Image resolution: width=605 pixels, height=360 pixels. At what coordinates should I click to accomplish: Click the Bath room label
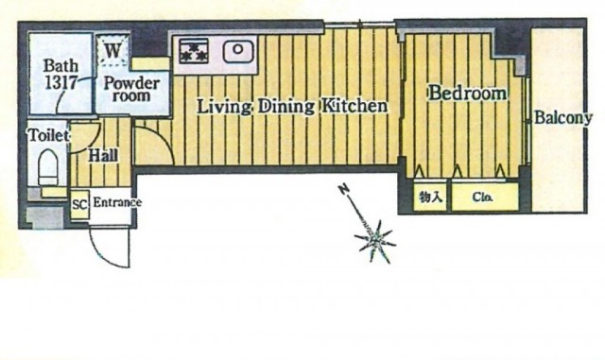point(60,65)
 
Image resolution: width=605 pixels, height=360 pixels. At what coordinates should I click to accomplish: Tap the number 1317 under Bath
point(60,82)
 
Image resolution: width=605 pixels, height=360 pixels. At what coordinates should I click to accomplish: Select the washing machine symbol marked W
point(112,50)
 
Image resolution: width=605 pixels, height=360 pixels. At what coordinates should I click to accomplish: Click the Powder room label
point(131,89)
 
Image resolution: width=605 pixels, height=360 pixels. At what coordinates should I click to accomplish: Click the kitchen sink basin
point(238,50)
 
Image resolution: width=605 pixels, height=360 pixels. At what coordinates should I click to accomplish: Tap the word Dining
point(285,107)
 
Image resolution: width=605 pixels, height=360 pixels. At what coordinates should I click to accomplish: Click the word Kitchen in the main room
point(354,105)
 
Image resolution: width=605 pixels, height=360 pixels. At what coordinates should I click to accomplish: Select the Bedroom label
point(467,93)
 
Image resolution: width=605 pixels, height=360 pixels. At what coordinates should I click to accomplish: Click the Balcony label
point(563,118)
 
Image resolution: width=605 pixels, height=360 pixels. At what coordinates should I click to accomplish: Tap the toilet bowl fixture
point(48,168)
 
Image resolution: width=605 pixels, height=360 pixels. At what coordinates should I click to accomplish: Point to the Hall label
point(103,156)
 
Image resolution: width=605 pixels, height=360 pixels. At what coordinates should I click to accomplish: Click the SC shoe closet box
point(79,204)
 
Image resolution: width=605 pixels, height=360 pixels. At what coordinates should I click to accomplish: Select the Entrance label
point(117,202)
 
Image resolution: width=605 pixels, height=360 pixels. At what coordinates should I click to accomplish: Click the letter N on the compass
point(342,190)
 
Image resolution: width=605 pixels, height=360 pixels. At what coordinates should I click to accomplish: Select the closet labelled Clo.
point(485,197)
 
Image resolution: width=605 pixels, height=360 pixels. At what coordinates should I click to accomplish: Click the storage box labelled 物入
point(430,197)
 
